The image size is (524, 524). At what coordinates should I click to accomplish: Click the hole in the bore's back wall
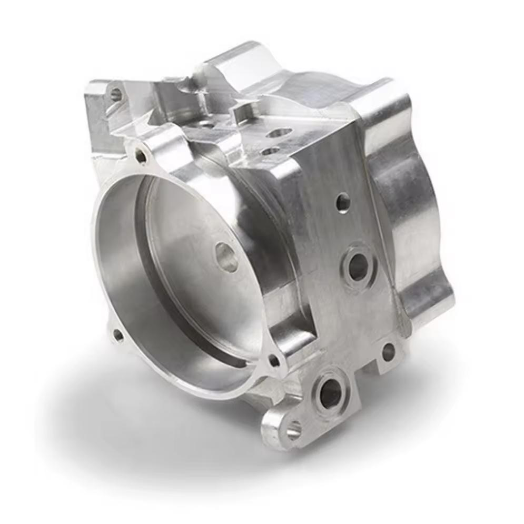pyautogui.click(x=227, y=257)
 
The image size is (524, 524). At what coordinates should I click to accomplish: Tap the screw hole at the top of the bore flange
pyautogui.click(x=141, y=155)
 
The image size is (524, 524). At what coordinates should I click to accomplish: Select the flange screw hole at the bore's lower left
pyautogui.click(x=118, y=334)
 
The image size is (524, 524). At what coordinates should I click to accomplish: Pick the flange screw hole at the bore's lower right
pyautogui.click(x=274, y=360)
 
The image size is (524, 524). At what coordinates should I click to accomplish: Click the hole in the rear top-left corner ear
pyautogui.click(x=116, y=95)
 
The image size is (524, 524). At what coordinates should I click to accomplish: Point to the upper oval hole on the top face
pyautogui.click(x=279, y=133)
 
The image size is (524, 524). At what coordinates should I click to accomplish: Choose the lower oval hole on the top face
pyautogui.click(x=271, y=151)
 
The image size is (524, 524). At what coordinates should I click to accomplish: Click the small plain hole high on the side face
pyautogui.click(x=343, y=202)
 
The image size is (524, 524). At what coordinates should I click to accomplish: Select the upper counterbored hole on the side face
pyautogui.click(x=358, y=266)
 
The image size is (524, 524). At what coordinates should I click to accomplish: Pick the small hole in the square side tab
pyautogui.click(x=389, y=352)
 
